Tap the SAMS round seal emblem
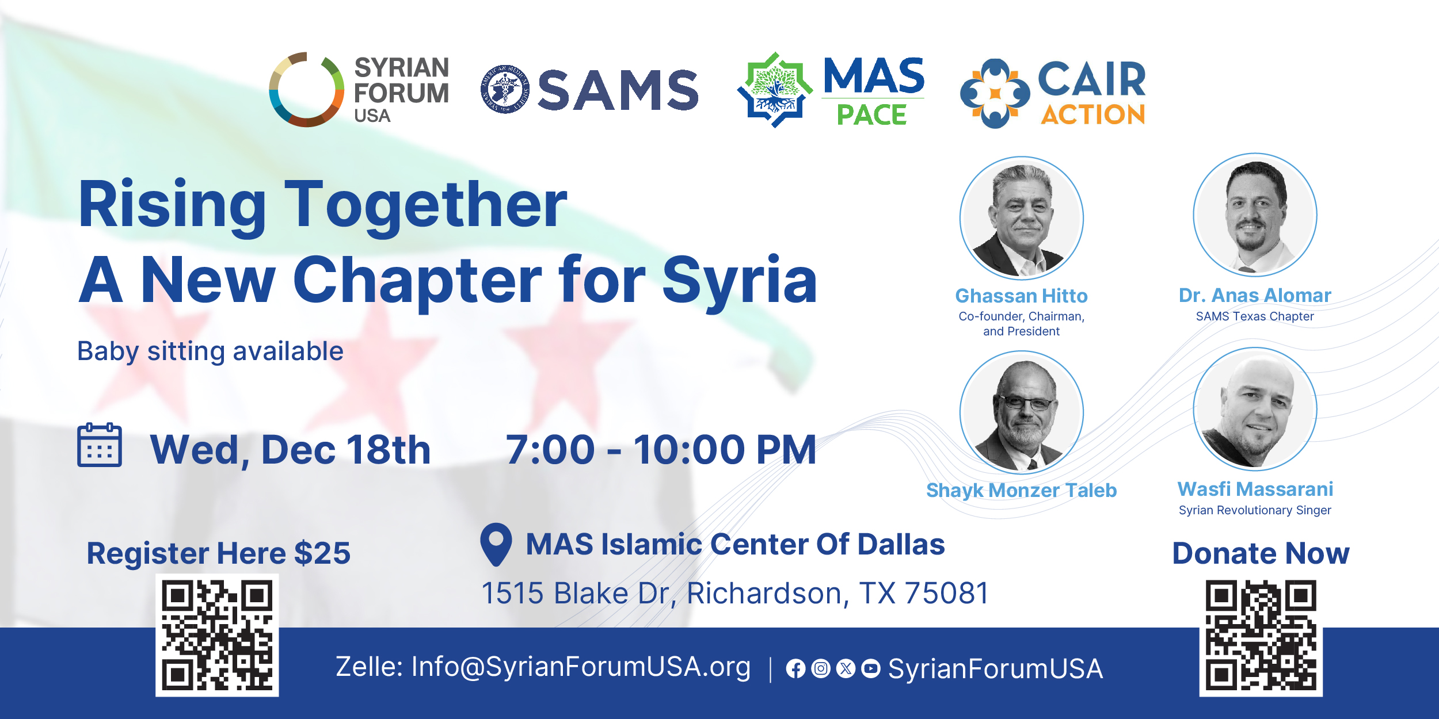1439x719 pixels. [x=505, y=89]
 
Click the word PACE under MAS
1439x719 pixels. [x=871, y=115]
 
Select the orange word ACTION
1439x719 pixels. [x=1093, y=114]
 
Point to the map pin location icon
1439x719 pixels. [x=496, y=544]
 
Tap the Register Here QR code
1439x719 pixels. [x=217, y=635]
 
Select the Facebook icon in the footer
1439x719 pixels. [x=795, y=668]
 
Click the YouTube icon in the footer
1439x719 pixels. [x=871, y=668]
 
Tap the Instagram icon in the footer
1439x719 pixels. [x=821, y=668]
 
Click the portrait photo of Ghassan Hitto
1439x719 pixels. [x=1022, y=218]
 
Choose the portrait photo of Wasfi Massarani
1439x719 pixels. [x=1255, y=409]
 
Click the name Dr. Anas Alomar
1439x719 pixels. [x=1255, y=295]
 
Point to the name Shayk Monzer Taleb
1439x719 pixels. [x=1021, y=490]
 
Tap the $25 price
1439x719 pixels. [x=322, y=553]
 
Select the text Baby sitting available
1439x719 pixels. [x=210, y=351]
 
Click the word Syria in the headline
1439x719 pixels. [x=740, y=280]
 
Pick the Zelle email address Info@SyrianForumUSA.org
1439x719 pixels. [x=581, y=667]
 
